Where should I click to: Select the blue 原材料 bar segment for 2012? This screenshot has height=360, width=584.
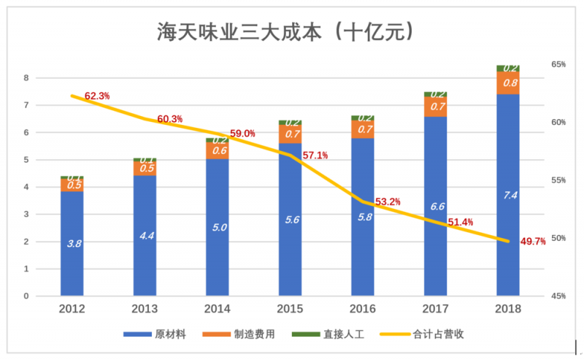(73, 243)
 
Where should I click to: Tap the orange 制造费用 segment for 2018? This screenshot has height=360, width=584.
(508, 83)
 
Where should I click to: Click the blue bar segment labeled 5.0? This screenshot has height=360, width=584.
(218, 227)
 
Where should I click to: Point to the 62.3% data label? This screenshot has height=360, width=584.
(97, 96)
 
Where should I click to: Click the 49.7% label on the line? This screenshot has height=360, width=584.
(533, 242)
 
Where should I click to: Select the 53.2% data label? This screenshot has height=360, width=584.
(388, 202)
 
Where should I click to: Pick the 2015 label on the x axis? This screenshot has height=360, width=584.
(291, 309)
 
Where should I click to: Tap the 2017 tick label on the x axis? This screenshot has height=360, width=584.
(436, 309)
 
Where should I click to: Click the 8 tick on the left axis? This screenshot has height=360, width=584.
(26, 78)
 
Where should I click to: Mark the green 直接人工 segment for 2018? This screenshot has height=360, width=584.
(508, 68)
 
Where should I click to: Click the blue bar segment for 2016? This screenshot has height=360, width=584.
(363, 217)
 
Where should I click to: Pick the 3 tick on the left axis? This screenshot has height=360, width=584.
(26, 215)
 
